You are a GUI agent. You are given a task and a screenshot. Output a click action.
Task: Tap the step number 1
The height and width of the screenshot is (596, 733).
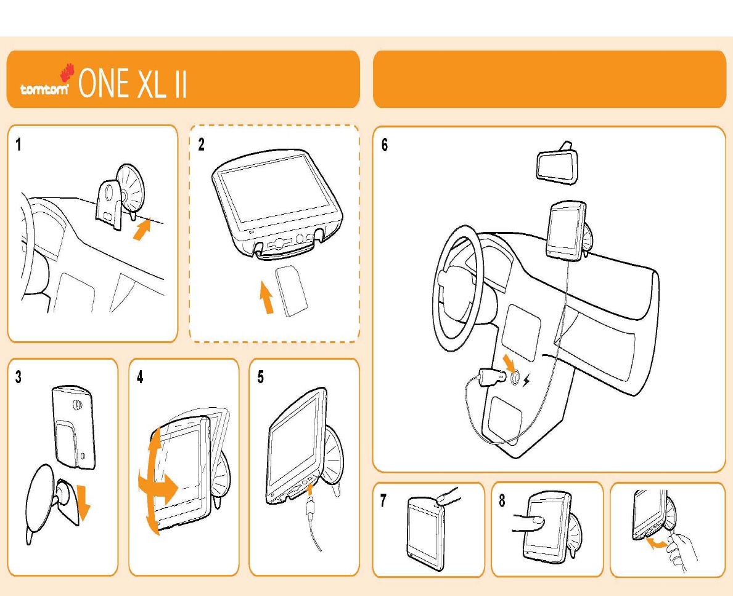pyautogui.click(x=18, y=145)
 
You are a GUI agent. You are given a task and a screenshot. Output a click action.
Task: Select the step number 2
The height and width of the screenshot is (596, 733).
pyautogui.click(x=202, y=145)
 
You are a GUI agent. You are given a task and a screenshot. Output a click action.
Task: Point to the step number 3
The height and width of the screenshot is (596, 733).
pyautogui.click(x=18, y=378)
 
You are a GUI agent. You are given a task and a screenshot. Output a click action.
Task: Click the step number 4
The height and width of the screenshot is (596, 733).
pyautogui.click(x=140, y=378)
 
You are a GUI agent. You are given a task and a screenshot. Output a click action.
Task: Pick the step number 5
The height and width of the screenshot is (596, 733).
pyautogui.click(x=261, y=378)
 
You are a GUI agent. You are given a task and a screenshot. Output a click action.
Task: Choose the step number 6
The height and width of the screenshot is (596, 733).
pyautogui.click(x=385, y=146)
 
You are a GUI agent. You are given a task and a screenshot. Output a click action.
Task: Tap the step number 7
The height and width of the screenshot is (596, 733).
pyautogui.click(x=383, y=501)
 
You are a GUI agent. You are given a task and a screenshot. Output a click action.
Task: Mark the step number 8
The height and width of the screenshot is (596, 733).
pyautogui.click(x=502, y=501)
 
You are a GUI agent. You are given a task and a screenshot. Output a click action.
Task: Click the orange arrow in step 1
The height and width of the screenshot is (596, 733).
pyautogui.click(x=142, y=232)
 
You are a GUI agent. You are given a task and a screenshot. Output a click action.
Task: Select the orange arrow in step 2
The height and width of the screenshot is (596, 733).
pyautogui.click(x=266, y=297)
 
